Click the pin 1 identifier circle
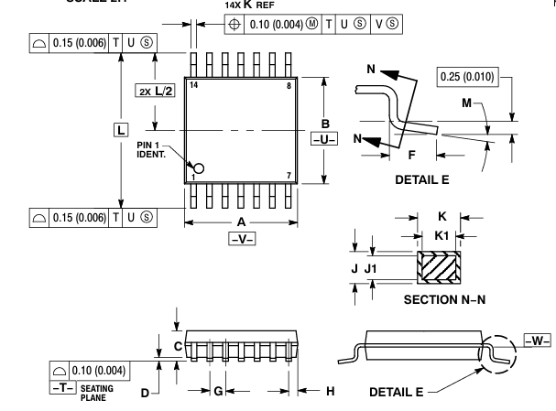tap(199, 168)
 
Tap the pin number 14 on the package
tap(194, 85)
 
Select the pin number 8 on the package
tap(289, 85)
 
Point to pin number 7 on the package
tap(289, 175)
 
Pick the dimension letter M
tap(468, 104)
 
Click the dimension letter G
tap(217, 391)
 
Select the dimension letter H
tap(331, 391)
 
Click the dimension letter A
tap(240, 221)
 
